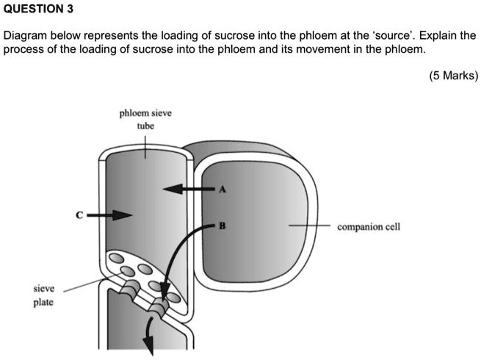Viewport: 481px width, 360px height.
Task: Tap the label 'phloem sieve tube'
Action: click(x=145, y=119)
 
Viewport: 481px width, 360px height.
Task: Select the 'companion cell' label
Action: click(x=368, y=227)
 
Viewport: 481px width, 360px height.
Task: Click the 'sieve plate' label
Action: click(x=43, y=295)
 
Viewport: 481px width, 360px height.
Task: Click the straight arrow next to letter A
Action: click(x=187, y=190)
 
